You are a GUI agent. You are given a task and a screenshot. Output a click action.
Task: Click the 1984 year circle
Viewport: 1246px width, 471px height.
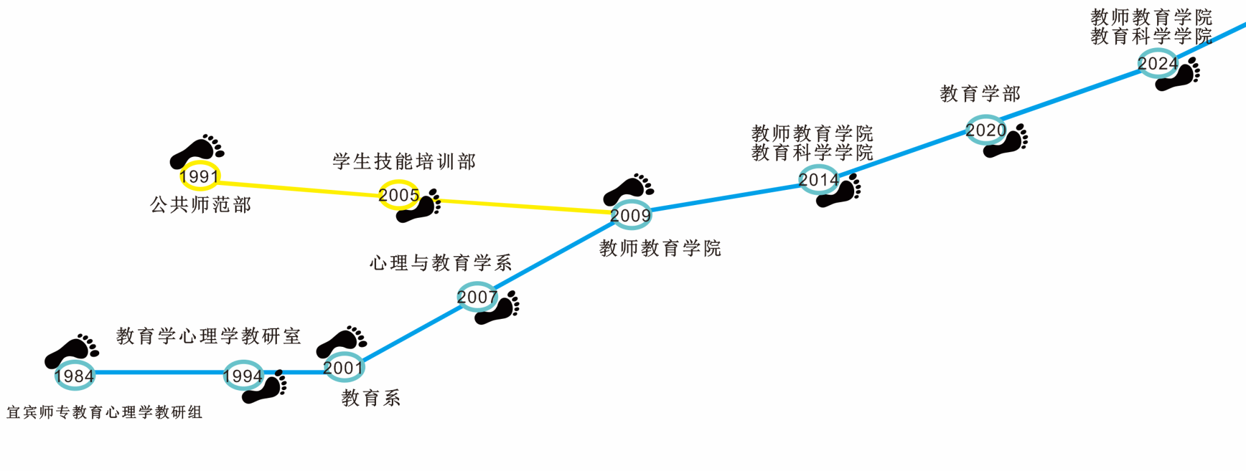(x=74, y=375)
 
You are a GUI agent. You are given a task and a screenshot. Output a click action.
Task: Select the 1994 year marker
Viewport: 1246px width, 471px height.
(x=243, y=375)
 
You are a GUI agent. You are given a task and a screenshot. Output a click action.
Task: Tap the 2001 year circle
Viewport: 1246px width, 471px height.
(x=344, y=367)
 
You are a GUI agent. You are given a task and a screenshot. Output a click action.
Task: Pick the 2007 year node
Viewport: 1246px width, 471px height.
(x=477, y=296)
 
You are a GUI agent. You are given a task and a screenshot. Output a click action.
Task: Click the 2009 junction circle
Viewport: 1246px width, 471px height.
(x=631, y=215)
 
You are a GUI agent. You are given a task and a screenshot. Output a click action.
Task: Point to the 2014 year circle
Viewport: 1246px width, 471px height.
(x=818, y=180)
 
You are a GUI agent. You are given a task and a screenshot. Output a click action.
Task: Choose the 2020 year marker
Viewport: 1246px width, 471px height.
(x=986, y=130)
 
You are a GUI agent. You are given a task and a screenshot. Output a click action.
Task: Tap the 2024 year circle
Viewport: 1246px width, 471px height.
(x=1157, y=63)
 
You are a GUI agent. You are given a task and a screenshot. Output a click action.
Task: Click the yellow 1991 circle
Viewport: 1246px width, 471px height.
(x=200, y=176)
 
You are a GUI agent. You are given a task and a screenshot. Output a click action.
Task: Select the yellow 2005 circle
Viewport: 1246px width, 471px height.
(x=399, y=195)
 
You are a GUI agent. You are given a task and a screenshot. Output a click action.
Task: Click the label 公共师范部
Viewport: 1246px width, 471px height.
(x=201, y=205)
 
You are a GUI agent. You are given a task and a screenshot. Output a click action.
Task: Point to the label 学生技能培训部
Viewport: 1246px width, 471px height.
(x=404, y=162)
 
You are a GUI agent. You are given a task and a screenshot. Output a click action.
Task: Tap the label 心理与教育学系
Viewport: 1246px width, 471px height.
(x=440, y=263)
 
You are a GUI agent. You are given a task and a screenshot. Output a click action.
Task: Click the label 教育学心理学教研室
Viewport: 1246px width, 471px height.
(x=209, y=336)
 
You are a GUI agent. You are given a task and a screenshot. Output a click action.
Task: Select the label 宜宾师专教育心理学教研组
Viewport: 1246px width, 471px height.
(x=104, y=413)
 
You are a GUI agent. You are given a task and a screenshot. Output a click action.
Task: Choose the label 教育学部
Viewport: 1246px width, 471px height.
(x=980, y=94)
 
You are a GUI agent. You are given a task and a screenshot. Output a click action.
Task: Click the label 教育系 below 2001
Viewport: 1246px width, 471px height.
(x=371, y=398)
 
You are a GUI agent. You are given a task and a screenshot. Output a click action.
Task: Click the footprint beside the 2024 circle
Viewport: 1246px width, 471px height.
(x=1178, y=74)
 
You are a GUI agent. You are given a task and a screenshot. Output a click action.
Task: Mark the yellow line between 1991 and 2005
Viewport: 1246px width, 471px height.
(x=298, y=189)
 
